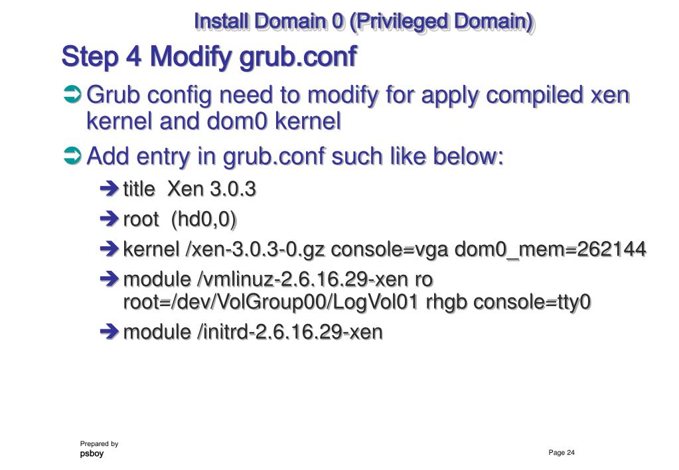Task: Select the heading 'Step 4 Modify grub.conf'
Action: (208, 57)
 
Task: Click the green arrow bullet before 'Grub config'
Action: (71, 96)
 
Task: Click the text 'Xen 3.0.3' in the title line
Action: (211, 190)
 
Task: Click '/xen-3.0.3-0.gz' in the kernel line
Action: (256, 250)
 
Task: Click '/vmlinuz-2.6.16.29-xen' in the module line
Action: (301, 279)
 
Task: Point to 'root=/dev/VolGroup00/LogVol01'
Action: (271, 301)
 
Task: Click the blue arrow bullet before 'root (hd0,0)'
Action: (110, 220)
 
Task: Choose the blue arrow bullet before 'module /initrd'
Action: (110, 332)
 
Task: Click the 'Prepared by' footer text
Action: (99, 443)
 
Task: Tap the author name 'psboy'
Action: (92, 454)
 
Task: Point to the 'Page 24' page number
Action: (562, 453)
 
